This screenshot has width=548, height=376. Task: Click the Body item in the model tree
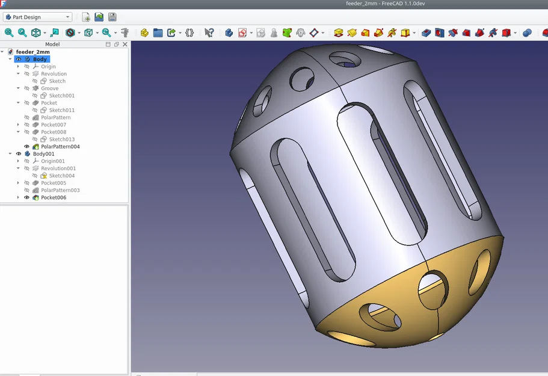[x=40, y=59]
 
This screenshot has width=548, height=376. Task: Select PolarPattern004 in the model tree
[x=60, y=146]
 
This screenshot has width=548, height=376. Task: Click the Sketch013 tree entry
[x=61, y=139]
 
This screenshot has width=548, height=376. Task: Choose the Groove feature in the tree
[x=50, y=88]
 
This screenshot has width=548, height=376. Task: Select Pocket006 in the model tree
[x=54, y=197]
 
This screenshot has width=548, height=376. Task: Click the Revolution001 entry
[x=58, y=168]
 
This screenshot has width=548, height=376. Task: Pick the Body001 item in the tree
[x=44, y=154]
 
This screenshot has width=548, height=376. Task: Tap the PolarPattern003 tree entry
[x=60, y=190]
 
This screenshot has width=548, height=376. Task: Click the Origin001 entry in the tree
[x=53, y=161]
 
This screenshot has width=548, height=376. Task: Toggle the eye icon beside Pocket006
[x=26, y=197]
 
